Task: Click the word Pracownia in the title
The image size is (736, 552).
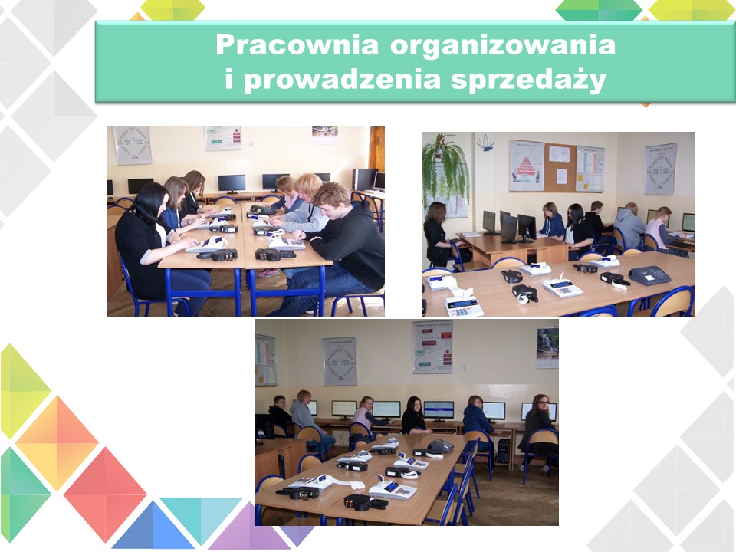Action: coord(297,45)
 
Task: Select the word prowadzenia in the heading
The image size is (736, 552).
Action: coord(342,80)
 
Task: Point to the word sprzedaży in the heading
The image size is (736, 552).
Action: coord(528,80)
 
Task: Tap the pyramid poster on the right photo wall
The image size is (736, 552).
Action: coord(526,166)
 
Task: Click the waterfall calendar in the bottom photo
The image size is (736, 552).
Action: coord(547,347)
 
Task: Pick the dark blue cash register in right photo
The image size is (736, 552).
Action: coord(649,275)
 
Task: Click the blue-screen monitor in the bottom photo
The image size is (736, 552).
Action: coord(439,410)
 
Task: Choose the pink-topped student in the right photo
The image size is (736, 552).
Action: coord(659,231)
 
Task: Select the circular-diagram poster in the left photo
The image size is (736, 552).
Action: coord(133,145)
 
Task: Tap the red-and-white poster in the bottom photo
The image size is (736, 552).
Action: coord(432,347)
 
